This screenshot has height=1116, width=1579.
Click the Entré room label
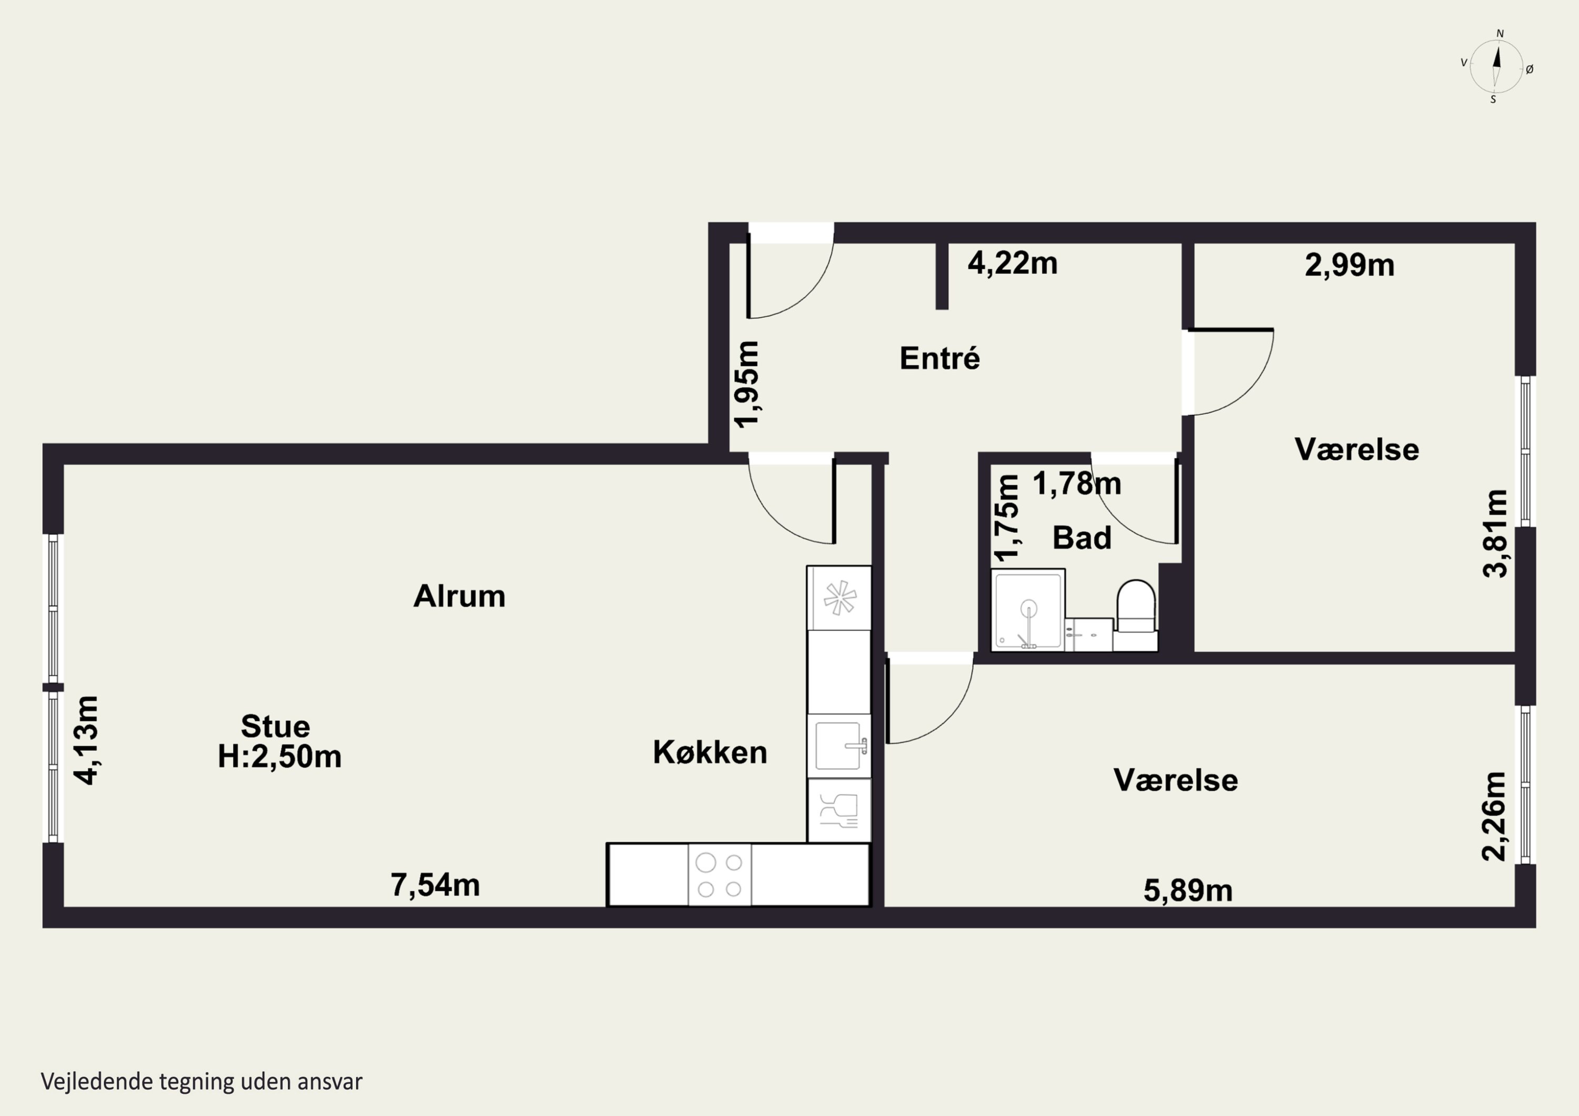(x=940, y=358)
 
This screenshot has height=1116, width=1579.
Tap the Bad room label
(x=1082, y=538)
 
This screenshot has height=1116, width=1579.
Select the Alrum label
(x=459, y=596)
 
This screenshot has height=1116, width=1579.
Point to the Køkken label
(x=709, y=752)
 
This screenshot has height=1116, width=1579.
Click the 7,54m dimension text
(x=435, y=885)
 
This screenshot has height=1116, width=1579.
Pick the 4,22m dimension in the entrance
(x=1012, y=264)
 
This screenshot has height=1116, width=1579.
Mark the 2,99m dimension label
(x=1350, y=265)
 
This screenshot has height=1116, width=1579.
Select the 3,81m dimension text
(x=1495, y=534)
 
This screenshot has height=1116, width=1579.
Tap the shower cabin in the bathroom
(x=1028, y=609)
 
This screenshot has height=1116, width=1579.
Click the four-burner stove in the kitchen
(x=719, y=874)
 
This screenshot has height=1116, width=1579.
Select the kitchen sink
(x=839, y=746)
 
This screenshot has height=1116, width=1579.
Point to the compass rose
(x=1496, y=67)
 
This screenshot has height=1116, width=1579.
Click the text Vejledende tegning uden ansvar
(x=202, y=1082)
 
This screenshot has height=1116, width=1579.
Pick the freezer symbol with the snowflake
(x=839, y=598)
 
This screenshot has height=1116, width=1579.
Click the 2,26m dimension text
(x=1494, y=816)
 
